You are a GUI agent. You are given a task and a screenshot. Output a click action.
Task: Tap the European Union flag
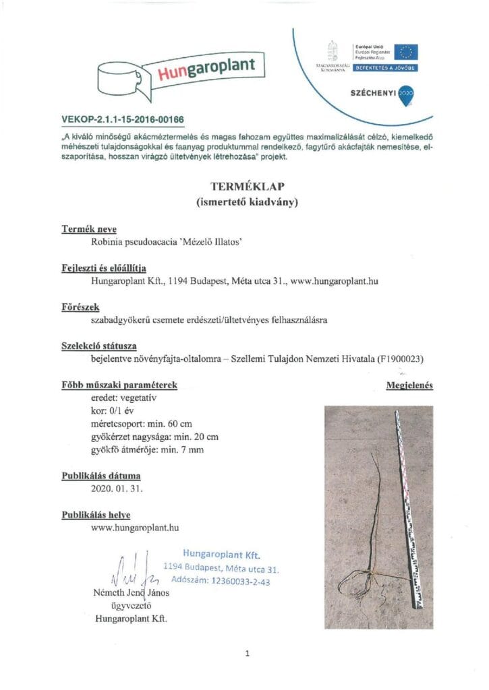pyautogui.click(x=407, y=53)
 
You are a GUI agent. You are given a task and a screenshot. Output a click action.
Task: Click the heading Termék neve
pyautogui.click(x=89, y=229)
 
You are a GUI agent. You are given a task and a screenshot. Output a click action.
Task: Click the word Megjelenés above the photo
pyautogui.click(x=409, y=386)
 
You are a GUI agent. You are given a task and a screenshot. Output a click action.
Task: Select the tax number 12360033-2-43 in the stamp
pyautogui.click(x=240, y=579)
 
